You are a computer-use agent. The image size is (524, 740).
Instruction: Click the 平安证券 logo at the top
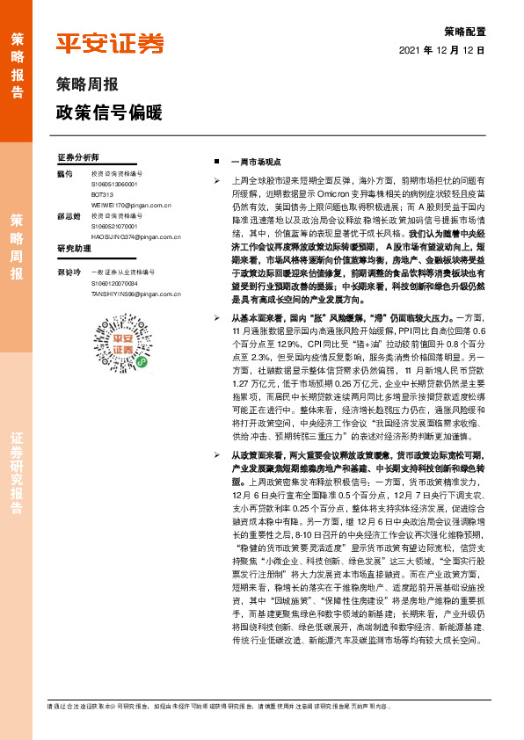coord(110,43)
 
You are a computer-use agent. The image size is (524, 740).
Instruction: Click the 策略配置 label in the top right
coord(466,30)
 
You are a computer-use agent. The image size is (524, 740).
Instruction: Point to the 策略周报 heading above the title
coord(87,85)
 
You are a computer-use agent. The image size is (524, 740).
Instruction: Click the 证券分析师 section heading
coord(78,157)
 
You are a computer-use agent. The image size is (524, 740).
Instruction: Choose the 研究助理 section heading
coord(74,249)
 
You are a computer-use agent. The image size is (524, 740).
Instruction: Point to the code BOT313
coord(103,194)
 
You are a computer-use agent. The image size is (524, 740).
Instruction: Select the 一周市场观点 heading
coord(254,163)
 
